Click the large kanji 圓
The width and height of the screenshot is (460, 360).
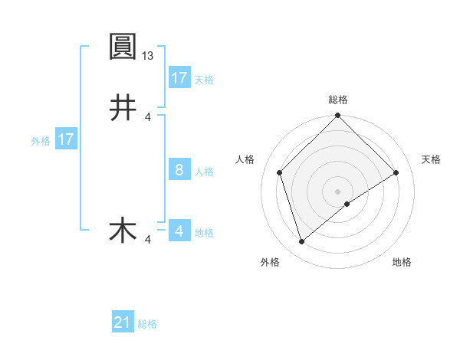pos(123,47)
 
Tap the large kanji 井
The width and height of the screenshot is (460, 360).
pos(123,108)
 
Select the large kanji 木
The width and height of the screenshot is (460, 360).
pos(123,231)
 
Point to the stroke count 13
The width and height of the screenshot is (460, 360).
pos(149,56)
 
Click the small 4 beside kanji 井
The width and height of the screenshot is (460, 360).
pos(148,116)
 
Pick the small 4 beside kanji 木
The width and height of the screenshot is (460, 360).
pos(148,240)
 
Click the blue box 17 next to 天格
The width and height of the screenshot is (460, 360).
pos(179,78)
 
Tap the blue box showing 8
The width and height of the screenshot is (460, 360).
pos(179,170)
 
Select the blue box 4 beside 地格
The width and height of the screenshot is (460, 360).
pos(179,231)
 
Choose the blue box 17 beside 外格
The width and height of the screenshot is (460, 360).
pos(66,139)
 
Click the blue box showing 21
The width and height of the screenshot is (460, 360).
pos(123,322)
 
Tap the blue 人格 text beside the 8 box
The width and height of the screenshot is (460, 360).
pos(204,171)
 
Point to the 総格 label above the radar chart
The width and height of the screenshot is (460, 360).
pos(338,100)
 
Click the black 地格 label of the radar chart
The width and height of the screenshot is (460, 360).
pos(402,262)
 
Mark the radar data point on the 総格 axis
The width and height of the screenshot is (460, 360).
pos(338,116)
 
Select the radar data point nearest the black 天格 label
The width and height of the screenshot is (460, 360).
pos(396,172)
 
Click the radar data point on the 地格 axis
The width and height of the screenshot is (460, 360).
pos(347,204)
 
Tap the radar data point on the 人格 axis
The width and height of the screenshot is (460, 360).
pos(280,172)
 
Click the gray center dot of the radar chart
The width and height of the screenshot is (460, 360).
pos(338,191)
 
